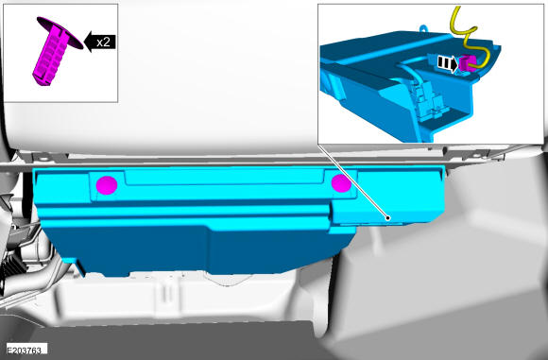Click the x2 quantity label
pyautogui.click(x=103, y=42)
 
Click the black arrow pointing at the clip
pyautogui.click(x=100, y=42)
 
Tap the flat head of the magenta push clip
pyautogui.click(x=60, y=33)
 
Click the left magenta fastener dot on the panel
pyautogui.click(x=107, y=185)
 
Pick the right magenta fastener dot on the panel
pyautogui.click(x=341, y=183)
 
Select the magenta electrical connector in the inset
pyautogui.click(x=468, y=64)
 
